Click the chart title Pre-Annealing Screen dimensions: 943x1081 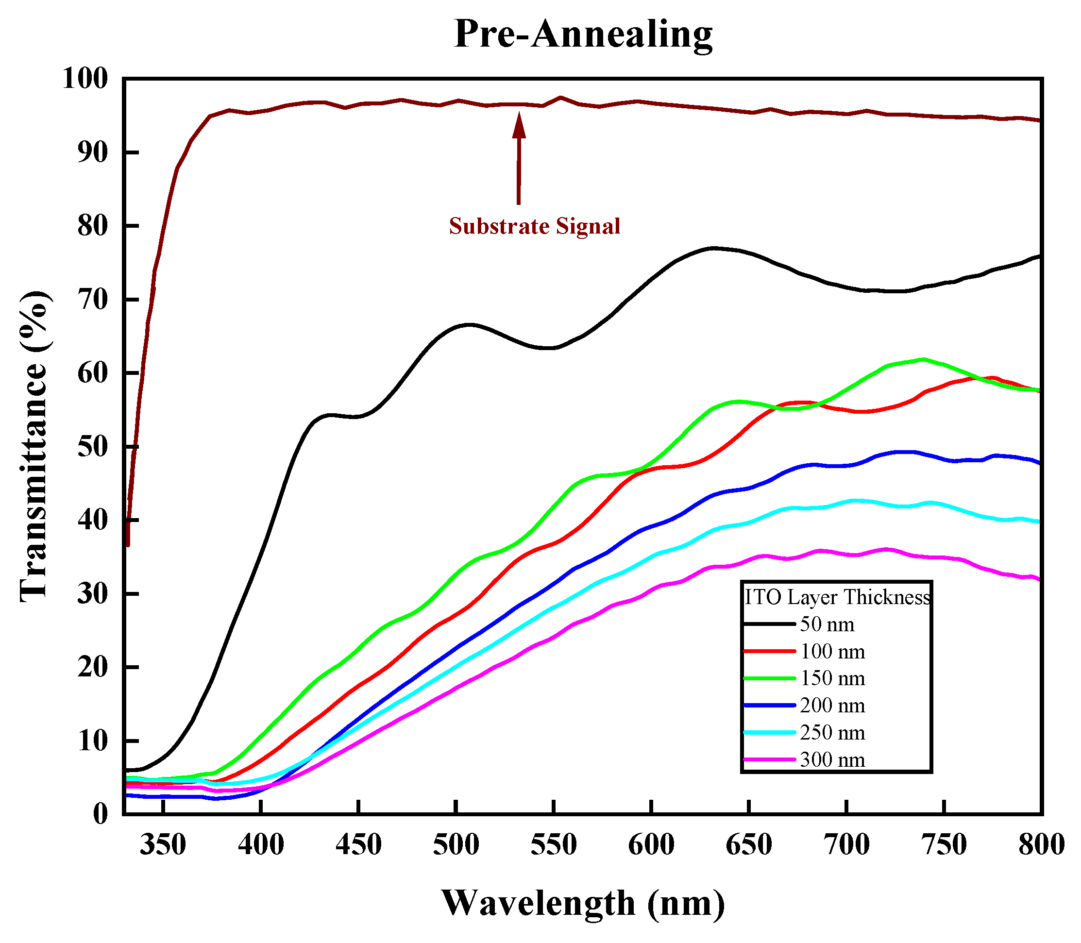583,34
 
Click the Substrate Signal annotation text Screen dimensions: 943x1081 534,226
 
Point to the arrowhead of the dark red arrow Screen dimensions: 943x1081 519,125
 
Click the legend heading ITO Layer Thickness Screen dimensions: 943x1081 837,597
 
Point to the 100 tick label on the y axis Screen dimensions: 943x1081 84,79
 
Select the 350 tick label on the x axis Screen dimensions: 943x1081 163,844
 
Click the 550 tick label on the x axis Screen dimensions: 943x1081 554,844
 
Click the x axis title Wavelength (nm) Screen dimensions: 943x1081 583,903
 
